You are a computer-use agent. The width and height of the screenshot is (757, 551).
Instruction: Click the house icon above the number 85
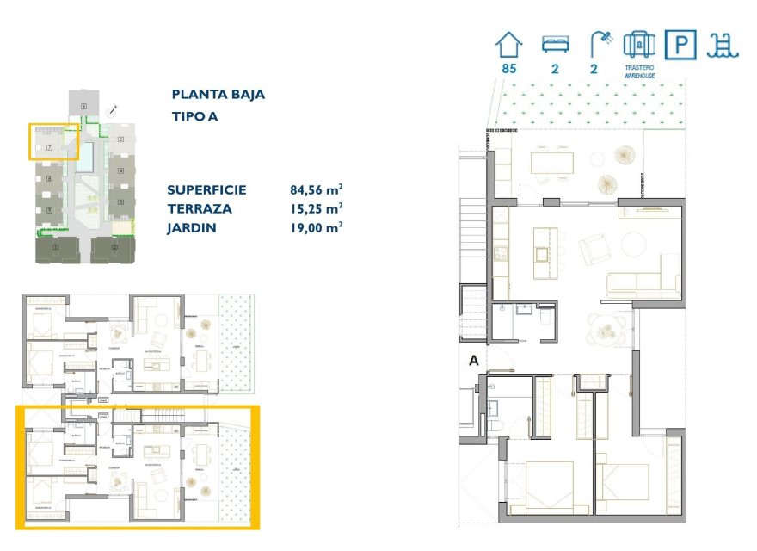tap(508, 45)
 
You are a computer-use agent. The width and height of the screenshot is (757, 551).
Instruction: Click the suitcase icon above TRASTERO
tap(638, 45)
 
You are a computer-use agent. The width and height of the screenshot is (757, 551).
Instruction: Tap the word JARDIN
tap(192, 228)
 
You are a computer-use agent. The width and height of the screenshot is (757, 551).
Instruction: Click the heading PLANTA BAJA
tap(218, 95)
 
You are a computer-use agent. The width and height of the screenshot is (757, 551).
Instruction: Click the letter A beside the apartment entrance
tap(472, 362)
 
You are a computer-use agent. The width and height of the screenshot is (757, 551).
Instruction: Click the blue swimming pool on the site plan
tap(88, 154)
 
